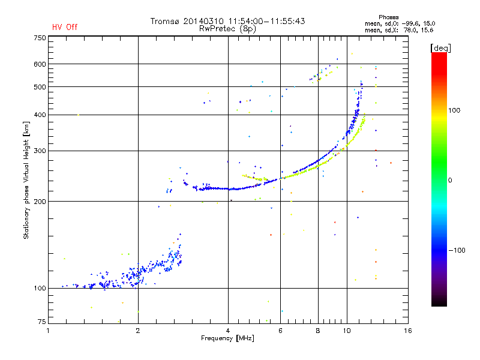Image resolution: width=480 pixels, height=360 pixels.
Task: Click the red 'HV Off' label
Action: tap(64, 27)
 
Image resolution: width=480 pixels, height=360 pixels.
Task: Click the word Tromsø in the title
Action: tap(164, 21)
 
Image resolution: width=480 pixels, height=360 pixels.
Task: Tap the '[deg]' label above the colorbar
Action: tap(441, 47)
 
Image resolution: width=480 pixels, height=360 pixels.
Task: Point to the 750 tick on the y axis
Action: tap(40, 38)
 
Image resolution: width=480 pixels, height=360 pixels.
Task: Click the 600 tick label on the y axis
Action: tap(40, 64)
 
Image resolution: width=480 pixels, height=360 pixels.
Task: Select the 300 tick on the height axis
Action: tap(40, 151)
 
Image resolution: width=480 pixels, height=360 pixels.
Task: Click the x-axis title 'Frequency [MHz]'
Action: tap(228, 338)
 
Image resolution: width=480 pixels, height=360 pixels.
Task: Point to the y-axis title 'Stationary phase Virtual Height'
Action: tap(26, 180)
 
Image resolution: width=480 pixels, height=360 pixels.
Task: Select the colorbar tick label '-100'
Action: tap(457, 250)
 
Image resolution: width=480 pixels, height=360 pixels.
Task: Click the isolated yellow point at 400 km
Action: tap(78, 115)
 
